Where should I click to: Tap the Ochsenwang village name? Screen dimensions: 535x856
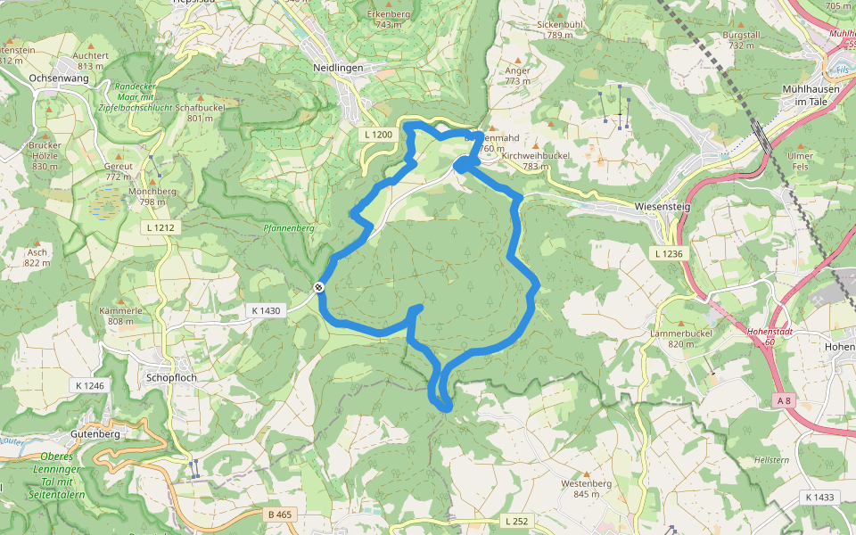click(58, 78)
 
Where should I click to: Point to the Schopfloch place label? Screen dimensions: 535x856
click(170, 377)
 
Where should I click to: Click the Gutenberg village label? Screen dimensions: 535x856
click(95, 434)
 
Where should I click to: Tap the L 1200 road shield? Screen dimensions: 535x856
click(378, 134)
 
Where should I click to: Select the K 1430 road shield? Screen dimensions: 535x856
click(266, 310)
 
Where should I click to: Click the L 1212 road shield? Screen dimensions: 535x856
click(160, 227)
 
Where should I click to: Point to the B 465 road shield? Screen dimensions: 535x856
click(279, 514)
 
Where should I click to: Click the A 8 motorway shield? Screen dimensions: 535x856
click(784, 401)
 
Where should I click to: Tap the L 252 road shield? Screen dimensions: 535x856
click(518, 521)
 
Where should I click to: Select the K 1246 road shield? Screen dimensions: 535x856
click(89, 385)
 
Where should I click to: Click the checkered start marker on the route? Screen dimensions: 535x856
click(318, 287)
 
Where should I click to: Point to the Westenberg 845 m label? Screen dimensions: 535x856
click(586, 489)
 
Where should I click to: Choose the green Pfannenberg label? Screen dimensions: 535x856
click(289, 228)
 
